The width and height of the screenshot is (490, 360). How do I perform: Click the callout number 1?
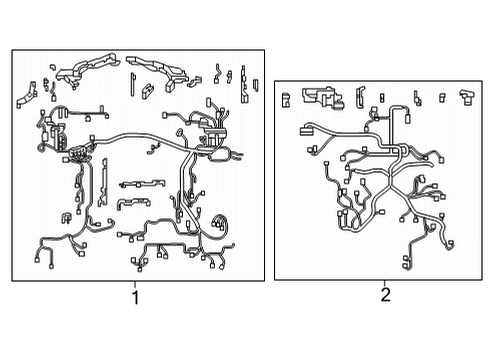click(x=136, y=296)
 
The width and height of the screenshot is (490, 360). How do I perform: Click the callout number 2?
click(x=385, y=295)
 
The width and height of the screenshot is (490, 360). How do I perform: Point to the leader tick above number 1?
click(x=136, y=283)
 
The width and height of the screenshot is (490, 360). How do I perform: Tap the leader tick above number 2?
click(x=385, y=283)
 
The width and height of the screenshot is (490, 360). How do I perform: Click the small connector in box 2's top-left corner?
click(x=286, y=97)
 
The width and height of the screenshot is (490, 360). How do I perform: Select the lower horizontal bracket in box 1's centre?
click(x=131, y=202)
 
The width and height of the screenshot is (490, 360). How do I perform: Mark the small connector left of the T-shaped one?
click(x=442, y=97)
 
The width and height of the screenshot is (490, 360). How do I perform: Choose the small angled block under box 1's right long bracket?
click(x=148, y=90)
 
